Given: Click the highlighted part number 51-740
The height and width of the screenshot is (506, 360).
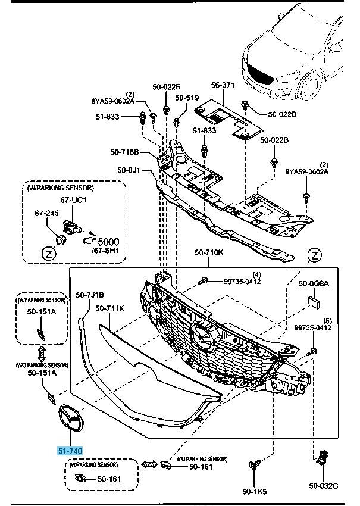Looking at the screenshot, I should [x=70, y=451].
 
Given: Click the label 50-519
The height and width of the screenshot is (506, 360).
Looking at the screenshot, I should [x=187, y=98].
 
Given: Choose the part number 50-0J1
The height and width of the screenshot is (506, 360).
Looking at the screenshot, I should [x=129, y=171].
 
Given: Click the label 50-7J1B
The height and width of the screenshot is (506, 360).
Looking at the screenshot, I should [x=90, y=295].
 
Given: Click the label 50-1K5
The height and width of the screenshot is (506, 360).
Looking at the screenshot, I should [x=254, y=492].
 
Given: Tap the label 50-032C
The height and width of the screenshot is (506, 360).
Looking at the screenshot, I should [x=323, y=487].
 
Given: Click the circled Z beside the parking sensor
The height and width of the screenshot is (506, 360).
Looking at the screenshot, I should [x=48, y=253].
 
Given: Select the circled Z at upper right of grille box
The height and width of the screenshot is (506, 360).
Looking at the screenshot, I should [x=315, y=256].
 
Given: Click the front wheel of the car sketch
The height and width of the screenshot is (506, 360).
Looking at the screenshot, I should [x=311, y=87].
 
